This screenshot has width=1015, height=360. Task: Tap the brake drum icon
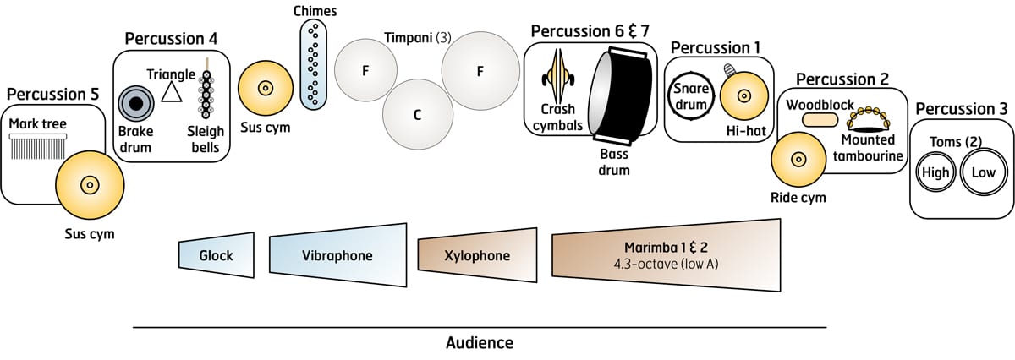pyautogui.click(x=134, y=103)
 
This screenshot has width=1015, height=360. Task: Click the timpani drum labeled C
pyautogui.click(x=416, y=113)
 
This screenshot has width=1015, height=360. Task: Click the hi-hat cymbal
pyautogui.click(x=743, y=95)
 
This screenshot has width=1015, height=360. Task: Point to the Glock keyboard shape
pyautogui.click(x=217, y=255)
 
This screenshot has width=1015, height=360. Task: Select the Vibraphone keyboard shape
pyautogui.click(x=337, y=255)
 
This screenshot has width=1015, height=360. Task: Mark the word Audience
pyautogui.click(x=479, y=343)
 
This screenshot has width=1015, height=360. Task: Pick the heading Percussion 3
pyautogui.click(x=961, y=108)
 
